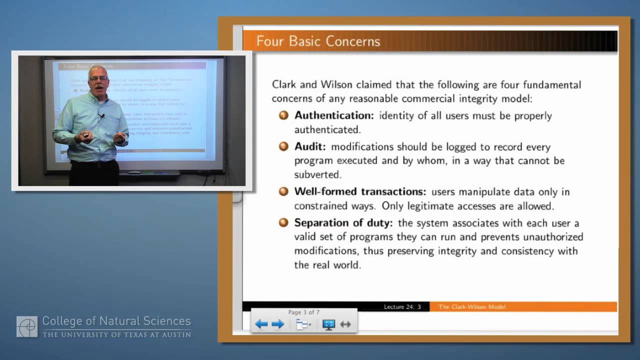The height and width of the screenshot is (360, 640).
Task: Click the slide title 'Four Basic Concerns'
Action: (318, 41)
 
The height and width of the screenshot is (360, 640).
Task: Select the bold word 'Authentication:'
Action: (334, 115)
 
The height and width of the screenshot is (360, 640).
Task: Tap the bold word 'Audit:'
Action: (310, 147)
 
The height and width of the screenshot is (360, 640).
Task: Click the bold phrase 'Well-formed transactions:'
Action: (360, 191)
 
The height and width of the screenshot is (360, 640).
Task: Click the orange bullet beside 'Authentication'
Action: (283, 115)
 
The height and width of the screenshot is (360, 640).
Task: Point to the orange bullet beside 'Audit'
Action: (283, 147)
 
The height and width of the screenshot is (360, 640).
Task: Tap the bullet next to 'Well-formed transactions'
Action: (283, 191)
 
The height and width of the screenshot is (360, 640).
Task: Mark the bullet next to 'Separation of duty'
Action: (283, 223)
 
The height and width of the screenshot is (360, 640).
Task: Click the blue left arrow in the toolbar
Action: (261, 324)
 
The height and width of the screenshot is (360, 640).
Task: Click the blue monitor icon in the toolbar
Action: (328, 324)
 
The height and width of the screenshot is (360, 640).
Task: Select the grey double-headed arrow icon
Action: (345, 324)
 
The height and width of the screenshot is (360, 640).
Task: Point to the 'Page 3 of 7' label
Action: (304, 312)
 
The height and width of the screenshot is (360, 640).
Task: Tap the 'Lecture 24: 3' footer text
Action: (402, 307)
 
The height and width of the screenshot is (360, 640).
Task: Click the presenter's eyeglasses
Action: (98, 78)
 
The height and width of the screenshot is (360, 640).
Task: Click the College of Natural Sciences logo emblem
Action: (27, 326)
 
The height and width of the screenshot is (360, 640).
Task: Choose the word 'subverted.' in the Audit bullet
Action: (317, 174)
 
